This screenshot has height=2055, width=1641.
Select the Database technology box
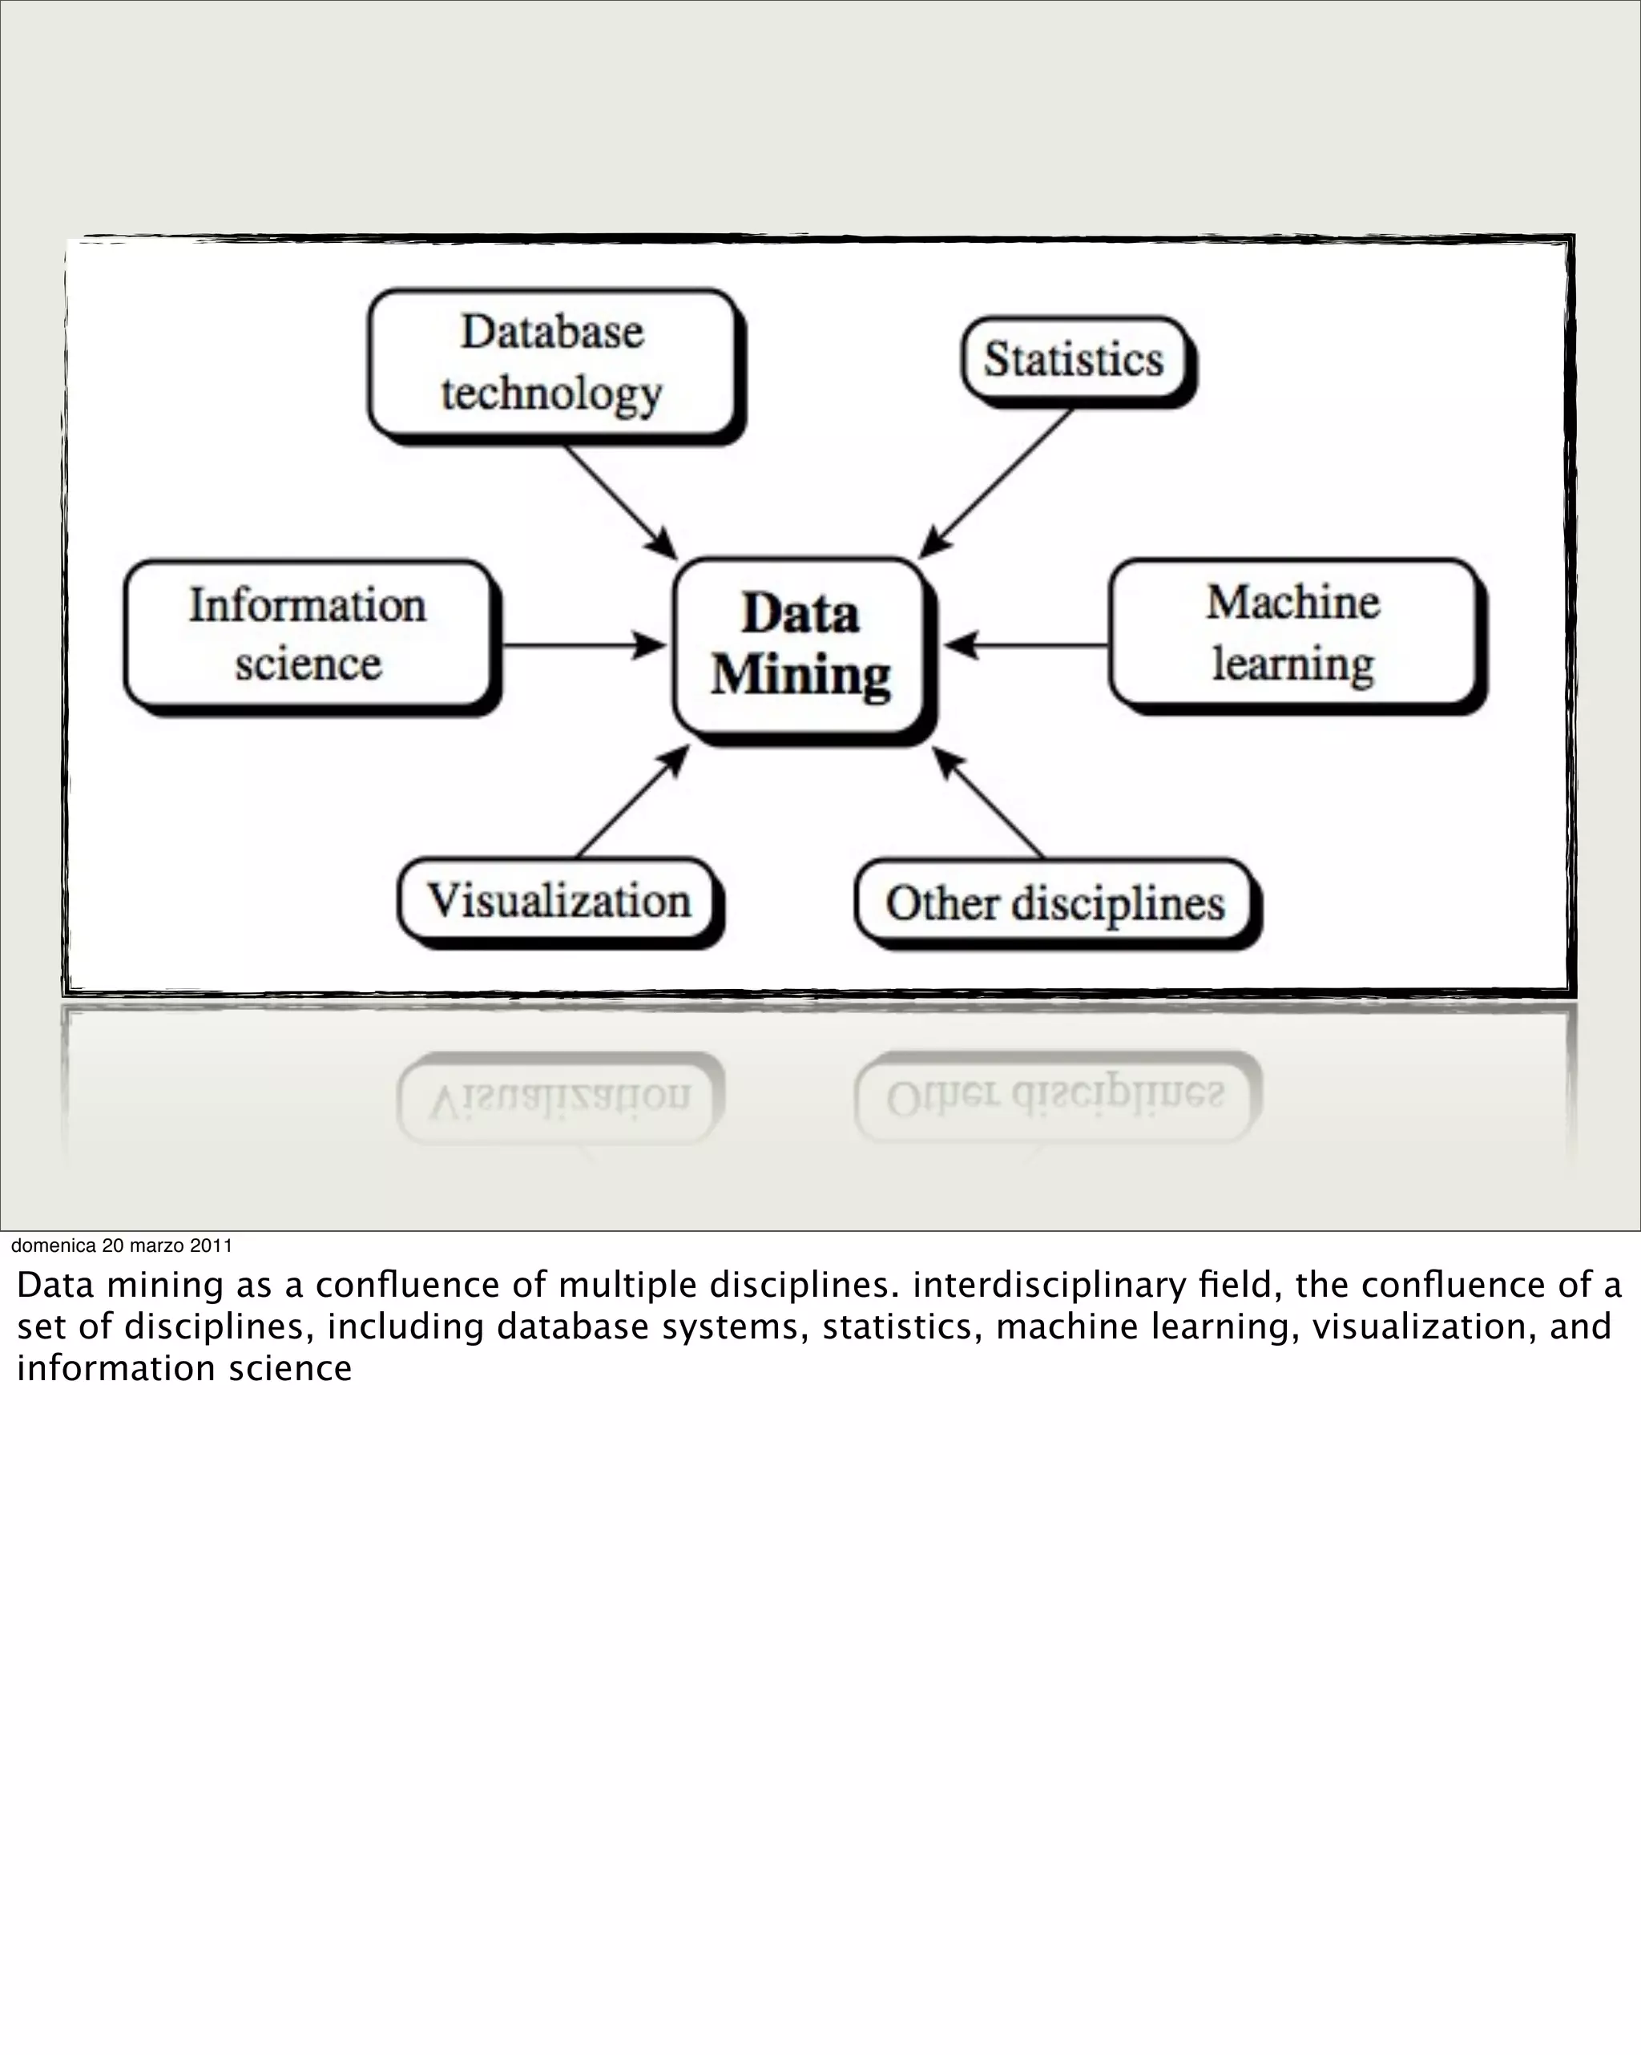tap(552, 363)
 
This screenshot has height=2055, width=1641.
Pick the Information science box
tap(307, 634)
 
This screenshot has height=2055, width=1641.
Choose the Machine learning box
tap(1293, 633)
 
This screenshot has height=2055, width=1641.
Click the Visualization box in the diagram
tap(558, 900)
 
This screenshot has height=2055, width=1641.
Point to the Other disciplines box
tap(1054, 902)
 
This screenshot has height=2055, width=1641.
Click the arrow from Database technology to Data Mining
tap(618, 499)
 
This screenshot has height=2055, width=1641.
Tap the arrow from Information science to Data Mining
tap(581, 646)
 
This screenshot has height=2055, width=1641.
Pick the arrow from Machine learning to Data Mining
tap(1029, 645)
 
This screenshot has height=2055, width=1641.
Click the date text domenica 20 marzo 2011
tap(121, 1245)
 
